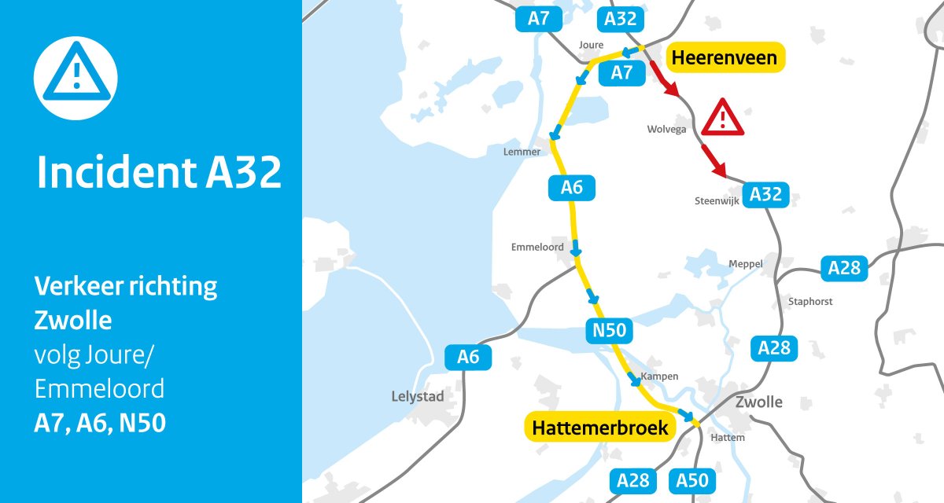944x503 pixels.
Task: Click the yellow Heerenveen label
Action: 725,57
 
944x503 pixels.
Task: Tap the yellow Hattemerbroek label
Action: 600,428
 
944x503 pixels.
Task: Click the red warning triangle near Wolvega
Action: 723,118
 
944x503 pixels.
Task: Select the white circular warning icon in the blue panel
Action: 76,77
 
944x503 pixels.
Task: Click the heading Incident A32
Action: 159,173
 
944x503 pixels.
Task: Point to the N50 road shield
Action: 610,331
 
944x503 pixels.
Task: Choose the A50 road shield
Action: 692,480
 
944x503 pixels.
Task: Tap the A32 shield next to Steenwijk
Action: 766,193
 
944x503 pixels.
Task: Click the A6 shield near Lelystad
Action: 468,357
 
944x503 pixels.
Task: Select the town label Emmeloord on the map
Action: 537,247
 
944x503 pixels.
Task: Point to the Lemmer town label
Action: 522,152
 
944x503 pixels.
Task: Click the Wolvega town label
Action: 666,129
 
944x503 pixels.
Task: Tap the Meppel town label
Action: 745,263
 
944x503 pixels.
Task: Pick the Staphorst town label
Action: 810,301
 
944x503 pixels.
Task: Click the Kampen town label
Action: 659,376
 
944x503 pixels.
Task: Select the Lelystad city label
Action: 417,397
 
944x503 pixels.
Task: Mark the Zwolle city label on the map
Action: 758,402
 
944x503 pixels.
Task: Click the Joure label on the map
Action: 590,45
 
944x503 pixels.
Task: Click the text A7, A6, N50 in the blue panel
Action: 100,424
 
